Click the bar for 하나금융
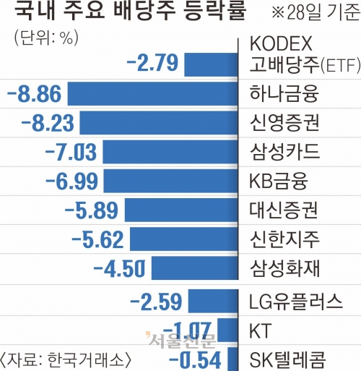click(x=152, y=94)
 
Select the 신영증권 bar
click(x=159, y=123)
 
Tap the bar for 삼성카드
click(x=170, y=152)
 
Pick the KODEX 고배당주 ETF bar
click(x=211, y=65)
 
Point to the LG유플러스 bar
click(x=213, y=301)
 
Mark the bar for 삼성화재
click(x=195, y=268)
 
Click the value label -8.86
click(x=35, y=94)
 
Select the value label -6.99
click(x=71, y=181)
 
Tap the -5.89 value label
click(x=92, y=210)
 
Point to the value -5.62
click(x=97, y=239)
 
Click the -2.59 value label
click(x=156, y=302)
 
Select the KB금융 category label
click(x=279, y=181)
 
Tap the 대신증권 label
click(x=284, y=210)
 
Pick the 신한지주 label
click(x=284, y=239)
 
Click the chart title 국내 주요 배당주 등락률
click(x=130, y=12)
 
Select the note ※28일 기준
click(x=316, y=12)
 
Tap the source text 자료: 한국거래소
click(x=66, y=360)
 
